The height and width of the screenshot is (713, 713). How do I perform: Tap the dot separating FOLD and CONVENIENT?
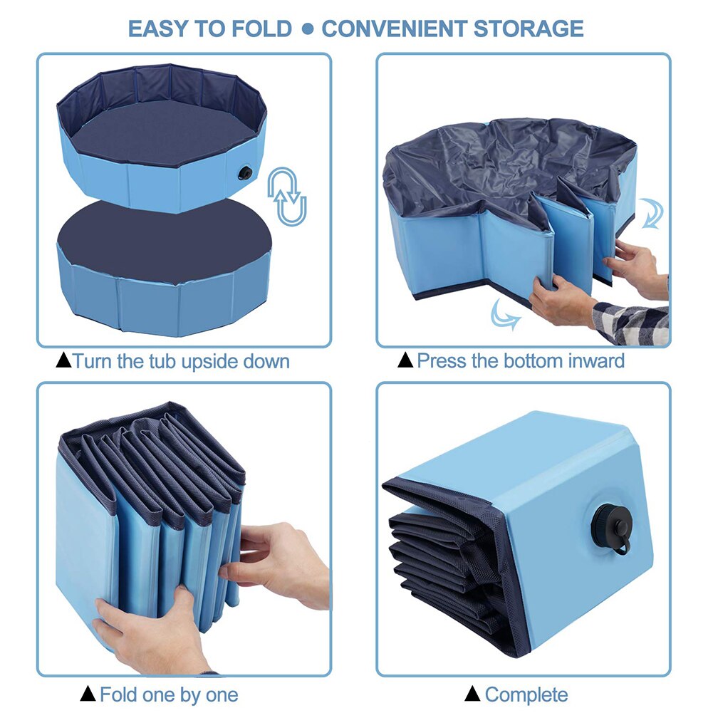[x=307, y=30]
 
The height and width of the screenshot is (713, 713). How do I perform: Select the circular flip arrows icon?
[x=286, y=197]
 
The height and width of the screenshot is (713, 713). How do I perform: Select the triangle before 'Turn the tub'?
[x=63, y=361]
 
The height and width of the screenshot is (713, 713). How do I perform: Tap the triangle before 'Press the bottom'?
[x=405, y=361]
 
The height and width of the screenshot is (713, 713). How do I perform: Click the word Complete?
[x=526, y=694]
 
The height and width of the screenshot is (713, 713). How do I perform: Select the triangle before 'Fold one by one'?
[x=88, y=694]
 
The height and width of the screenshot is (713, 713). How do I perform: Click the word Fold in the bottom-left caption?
[x=118, y=694]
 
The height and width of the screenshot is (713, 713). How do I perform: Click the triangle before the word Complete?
[x=472, y=694]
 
